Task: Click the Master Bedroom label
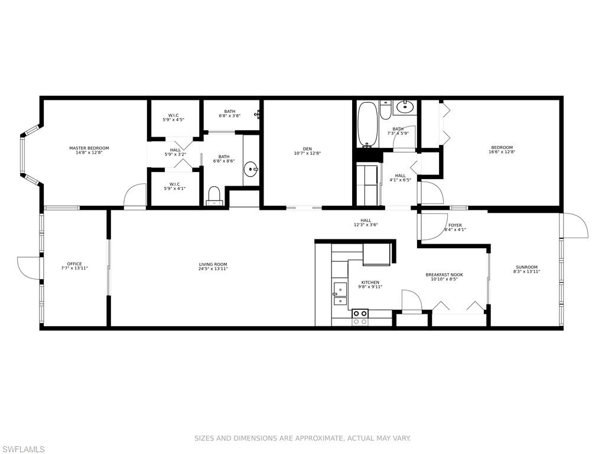point(89,148)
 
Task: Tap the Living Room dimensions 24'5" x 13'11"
point(213,269)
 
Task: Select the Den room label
point(307,148)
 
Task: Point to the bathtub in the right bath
point(367,125)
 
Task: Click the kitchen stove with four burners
point(360,317)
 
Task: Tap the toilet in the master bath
point(214,195)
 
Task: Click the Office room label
point(74,264)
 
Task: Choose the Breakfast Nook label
point(444,274)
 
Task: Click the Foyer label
point(455,225)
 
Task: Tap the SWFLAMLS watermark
point(22,449)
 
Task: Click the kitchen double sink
point(340,294)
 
